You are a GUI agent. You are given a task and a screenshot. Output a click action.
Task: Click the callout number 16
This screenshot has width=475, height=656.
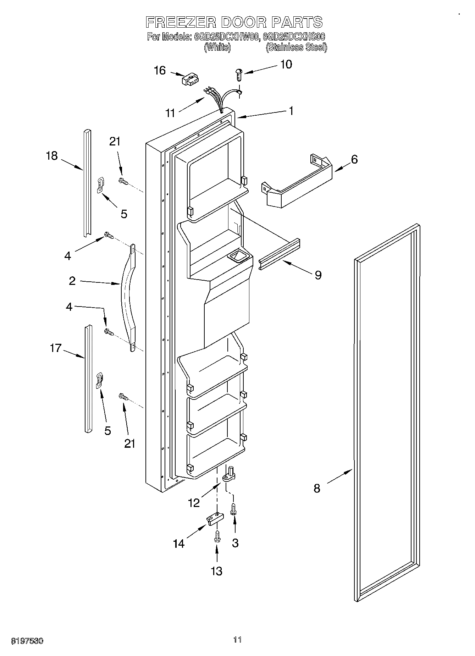(x=160, y=71)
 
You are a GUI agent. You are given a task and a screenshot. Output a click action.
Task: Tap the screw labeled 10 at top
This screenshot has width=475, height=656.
(x=238, y=74)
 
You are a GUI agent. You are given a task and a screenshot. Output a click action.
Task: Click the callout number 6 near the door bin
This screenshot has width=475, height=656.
(x=354, y=159)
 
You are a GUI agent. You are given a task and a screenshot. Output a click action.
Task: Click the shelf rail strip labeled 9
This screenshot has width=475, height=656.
(x=279, y=254)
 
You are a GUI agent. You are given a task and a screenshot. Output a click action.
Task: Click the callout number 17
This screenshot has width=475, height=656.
(x=56, y=348)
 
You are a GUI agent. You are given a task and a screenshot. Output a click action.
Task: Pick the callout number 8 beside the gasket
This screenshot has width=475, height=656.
(x=317, y=488)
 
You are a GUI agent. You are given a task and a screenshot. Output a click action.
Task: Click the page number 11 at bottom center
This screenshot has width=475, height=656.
(x=237, y=640)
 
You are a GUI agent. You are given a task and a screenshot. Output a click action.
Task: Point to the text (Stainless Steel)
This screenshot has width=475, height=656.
(x=296, y=47)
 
